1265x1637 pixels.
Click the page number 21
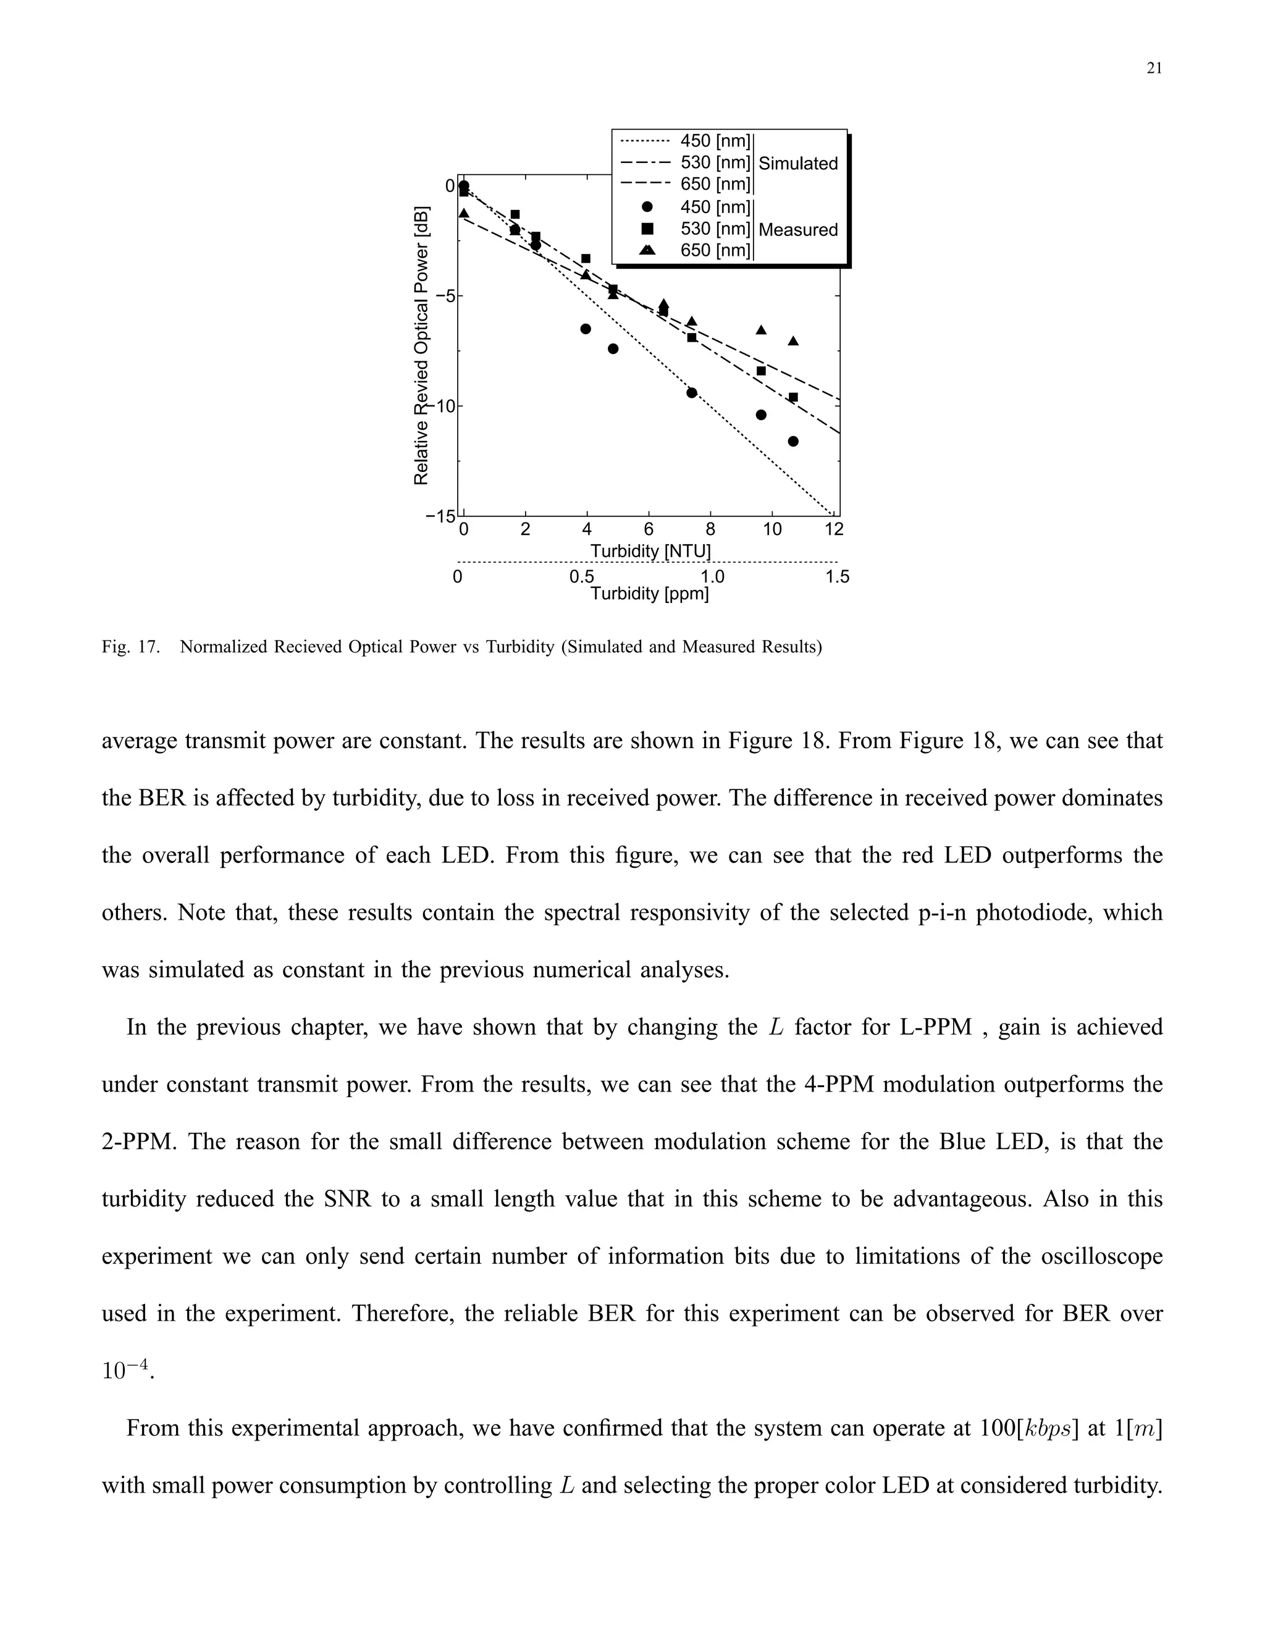tap(1154, 68)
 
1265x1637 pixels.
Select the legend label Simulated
tap(798, 164)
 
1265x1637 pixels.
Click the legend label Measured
tap(798, 229)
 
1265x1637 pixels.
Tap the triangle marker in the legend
tap(647, 250)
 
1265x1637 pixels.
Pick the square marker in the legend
tap(647, 229)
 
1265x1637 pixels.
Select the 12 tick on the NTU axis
tap(834, 530)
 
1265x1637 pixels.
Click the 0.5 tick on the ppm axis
tap(581, 577)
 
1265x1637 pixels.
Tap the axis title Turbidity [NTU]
tap(650, 552)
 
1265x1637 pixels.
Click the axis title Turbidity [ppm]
tap(650, 594)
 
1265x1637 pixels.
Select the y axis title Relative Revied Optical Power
tap(422, 345)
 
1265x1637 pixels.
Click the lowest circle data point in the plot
tap(794, 442)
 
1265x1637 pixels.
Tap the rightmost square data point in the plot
tap(794, 397)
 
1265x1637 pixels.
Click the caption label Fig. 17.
tap(130, 647)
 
